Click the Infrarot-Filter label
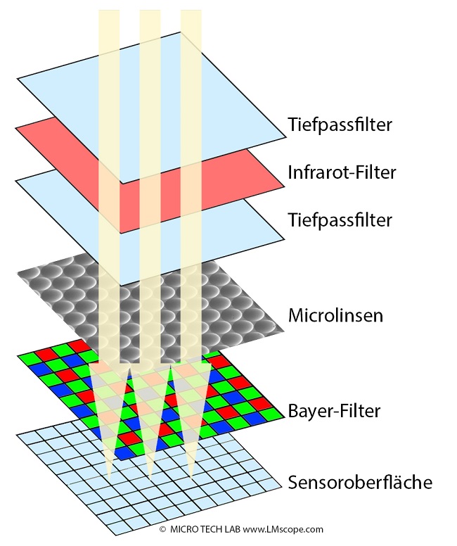coord(342,172)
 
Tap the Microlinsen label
coord(335,315)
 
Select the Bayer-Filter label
coord(334,410)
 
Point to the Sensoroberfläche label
coord(360,482)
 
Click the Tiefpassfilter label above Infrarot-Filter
coord(340,125)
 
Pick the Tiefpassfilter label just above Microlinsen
coord(340,220)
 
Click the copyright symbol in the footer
coord(162,528)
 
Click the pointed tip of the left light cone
coord(109,481)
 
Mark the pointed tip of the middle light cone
coord(150,481)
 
